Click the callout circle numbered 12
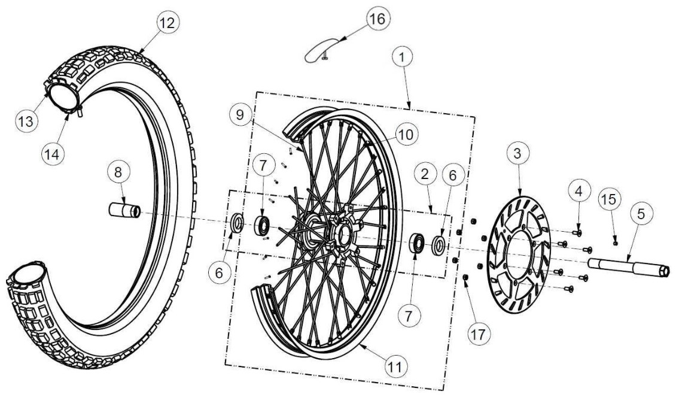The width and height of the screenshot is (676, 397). point(168,23)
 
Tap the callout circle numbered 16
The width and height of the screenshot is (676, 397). point(378,19)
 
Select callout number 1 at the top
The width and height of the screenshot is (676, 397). point(402,56)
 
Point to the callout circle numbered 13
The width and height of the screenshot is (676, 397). point(26,122)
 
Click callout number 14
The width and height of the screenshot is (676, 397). point(52,154)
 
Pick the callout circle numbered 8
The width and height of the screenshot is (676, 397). point(118,172)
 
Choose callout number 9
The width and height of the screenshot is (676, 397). point(240,114)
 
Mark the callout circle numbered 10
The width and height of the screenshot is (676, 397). point(405,135)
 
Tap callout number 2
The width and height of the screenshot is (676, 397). point(425,174)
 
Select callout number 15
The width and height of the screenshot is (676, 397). point(609,200)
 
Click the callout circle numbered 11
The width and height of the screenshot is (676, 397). point(395,367)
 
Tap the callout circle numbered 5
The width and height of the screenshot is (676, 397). point(641,214)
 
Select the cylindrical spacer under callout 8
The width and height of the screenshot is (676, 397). point(124,211)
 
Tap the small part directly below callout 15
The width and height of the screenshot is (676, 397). point(616,243)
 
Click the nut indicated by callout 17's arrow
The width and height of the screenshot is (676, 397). point(465,277)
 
